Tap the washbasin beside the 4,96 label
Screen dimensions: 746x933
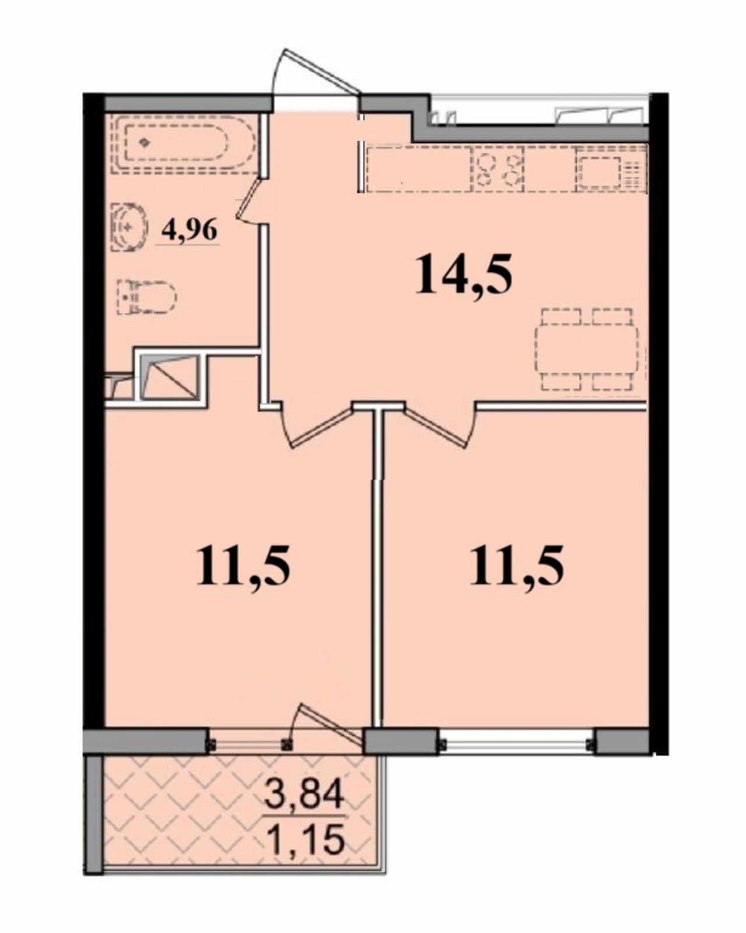[x=128, y=227]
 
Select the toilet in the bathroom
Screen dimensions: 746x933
[x=146, y=297]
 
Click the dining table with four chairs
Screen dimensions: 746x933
[x=586, y=349]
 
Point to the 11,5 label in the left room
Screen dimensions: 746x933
[x=243, y=566]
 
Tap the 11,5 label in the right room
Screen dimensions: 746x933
[x=517, y=566]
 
